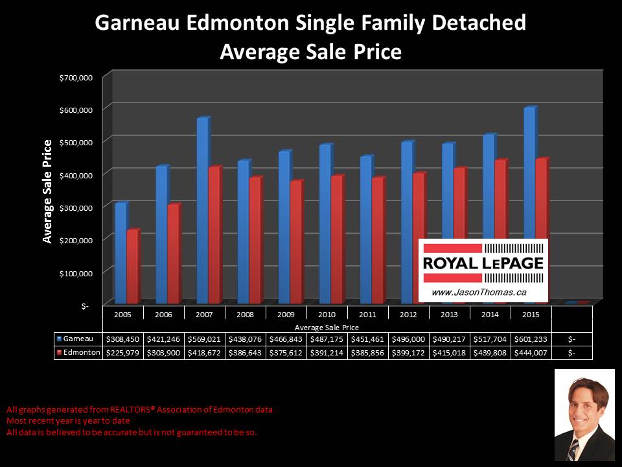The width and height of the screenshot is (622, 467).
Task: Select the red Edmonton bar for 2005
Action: click(x=132, y=267)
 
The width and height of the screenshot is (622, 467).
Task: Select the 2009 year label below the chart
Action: click(x=286, y=314)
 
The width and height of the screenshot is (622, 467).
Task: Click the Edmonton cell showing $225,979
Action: click(x=123, y=352)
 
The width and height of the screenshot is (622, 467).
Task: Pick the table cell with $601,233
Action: click(x=531, y=339)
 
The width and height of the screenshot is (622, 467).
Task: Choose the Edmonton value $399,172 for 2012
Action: click(x=408, y=352)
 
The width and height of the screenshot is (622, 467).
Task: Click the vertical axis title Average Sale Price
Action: click(x=47, y=191)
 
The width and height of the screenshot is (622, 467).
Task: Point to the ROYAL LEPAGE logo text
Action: click(x=483, y=264)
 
